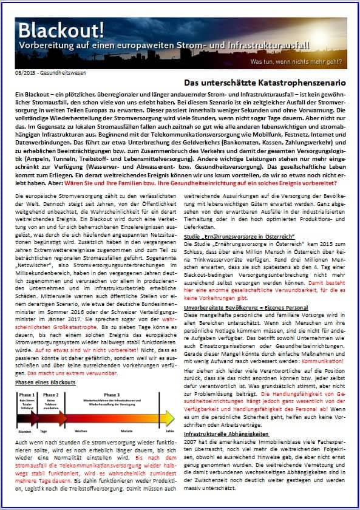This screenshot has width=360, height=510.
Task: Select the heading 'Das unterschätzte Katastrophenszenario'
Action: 265,82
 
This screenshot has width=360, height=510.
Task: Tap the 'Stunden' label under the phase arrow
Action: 25,432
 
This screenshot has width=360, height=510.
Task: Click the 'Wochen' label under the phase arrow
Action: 81,432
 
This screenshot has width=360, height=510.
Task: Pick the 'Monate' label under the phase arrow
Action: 126,432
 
